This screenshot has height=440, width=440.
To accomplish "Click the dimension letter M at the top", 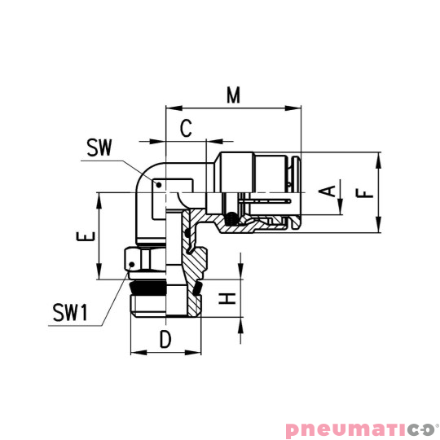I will coord(234,95).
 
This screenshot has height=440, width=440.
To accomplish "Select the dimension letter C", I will coord(186,128).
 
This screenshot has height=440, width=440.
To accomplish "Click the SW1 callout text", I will coord(70,313).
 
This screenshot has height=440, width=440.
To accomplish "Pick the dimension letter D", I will coord(165,340).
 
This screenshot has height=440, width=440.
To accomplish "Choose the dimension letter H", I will coord(229,299).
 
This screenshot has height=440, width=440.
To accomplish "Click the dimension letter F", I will coord(366,193).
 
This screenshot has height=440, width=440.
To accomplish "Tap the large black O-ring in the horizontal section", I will coord(234,218).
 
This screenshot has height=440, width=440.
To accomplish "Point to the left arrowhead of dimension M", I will coord(169,107).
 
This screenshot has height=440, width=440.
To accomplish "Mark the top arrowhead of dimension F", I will coord(380,156).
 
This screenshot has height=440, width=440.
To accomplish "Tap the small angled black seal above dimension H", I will coord(198,286).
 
